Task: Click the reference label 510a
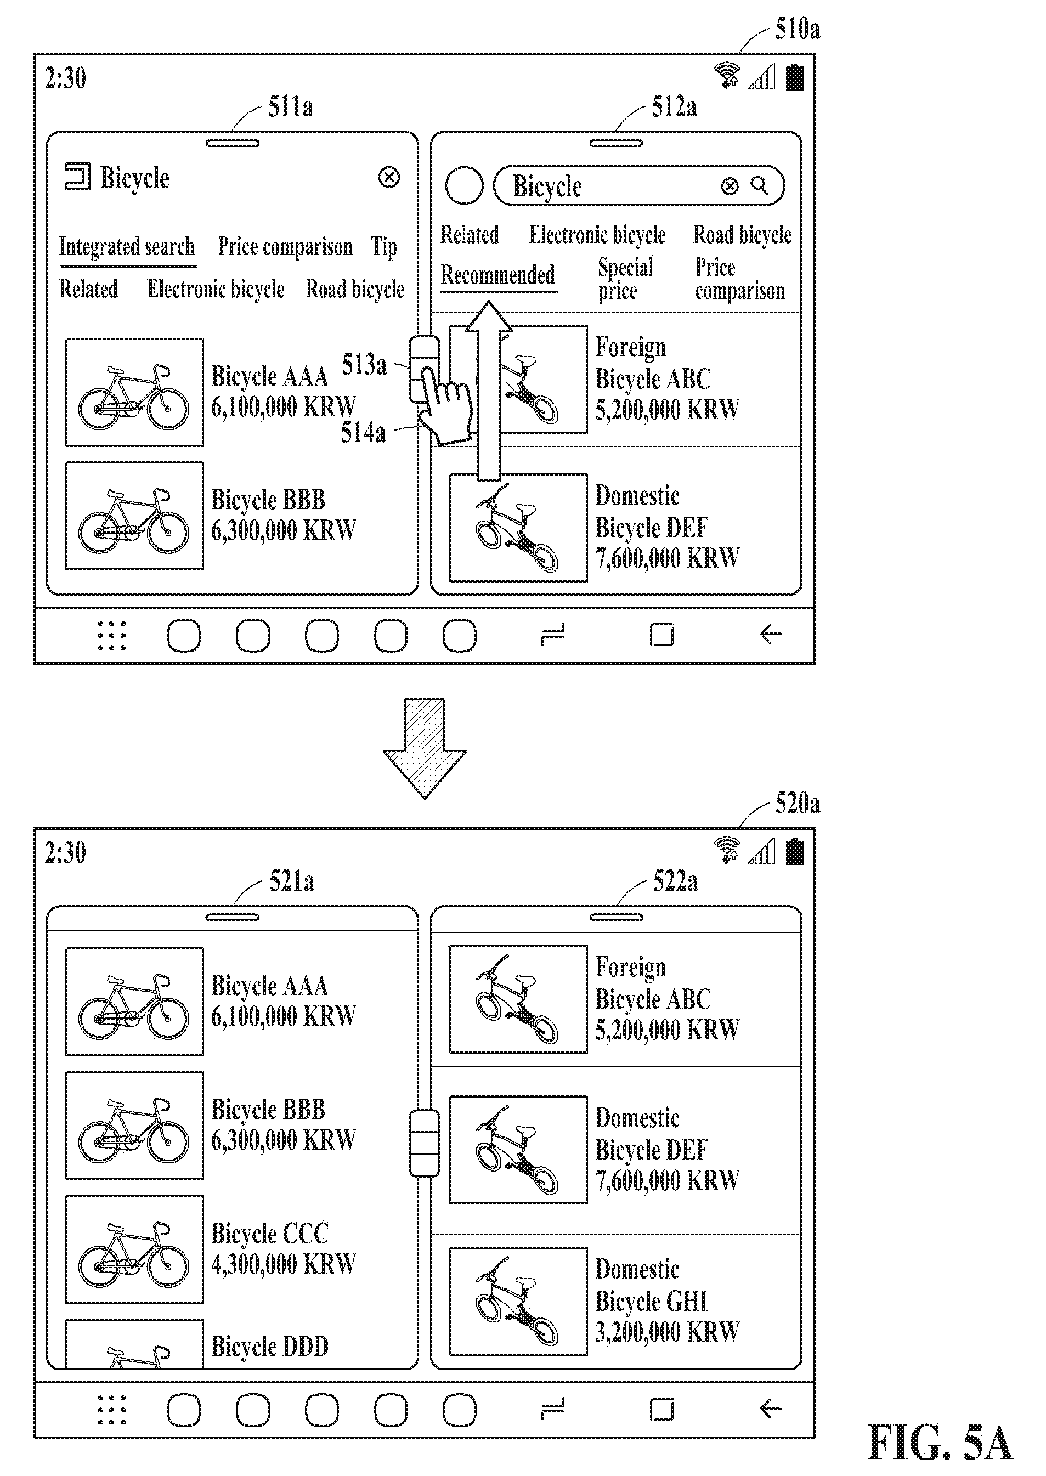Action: click(x=797, y=29)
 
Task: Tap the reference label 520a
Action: click(x=797, y=803)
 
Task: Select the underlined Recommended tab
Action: click(x=498, y=275)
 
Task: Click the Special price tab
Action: click(x=625, y=279)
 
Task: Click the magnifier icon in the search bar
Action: click(x=760, y=186)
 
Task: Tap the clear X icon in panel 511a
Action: click(x=389, y=177)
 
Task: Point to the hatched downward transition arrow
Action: click(x=425, y=748)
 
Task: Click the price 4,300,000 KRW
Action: click(x=284, y=1264)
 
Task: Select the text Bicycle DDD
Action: click(x=270, y=1346)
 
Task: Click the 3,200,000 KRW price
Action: click(x=668, y=1332)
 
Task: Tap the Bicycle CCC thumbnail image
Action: click(x=134, y=1249)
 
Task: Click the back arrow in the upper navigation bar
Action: click(x=770, y=634)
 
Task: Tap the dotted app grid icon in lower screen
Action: click(x=111, y=1409)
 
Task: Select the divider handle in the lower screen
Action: click(x=425, y=1143)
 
